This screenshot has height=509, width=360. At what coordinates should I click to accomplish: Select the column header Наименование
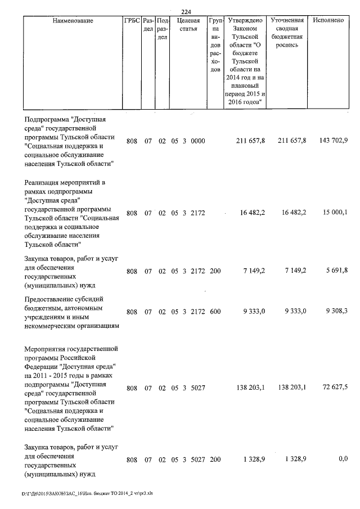73,20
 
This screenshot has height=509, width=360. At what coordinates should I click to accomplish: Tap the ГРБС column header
131,20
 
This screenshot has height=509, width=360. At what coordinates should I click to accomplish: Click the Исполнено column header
330,20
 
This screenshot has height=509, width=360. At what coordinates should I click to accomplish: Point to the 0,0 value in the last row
343,460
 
